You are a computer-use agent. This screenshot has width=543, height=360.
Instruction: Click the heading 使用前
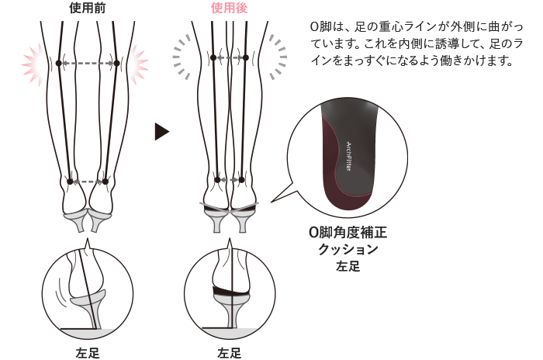click(87, 9)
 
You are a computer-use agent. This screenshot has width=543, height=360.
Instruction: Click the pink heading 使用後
click(229, 9)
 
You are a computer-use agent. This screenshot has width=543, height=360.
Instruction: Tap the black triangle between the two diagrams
click(161, 130)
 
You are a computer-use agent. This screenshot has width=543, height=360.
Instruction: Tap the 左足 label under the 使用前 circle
click(88, 353)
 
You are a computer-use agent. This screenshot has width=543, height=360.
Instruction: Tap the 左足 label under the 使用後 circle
click(230, 353)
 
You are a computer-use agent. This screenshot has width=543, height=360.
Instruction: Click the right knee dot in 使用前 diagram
click(117, 62)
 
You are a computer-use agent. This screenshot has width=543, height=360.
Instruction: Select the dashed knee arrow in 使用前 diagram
click(88, 62)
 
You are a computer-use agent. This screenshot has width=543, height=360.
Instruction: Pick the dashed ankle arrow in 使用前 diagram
click(88, 182)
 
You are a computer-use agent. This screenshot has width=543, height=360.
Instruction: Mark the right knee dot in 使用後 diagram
click(251, 57)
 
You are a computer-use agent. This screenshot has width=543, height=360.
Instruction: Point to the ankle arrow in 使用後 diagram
click(230, 179)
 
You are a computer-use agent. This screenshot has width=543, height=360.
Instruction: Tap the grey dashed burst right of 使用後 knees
click(277, 57)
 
